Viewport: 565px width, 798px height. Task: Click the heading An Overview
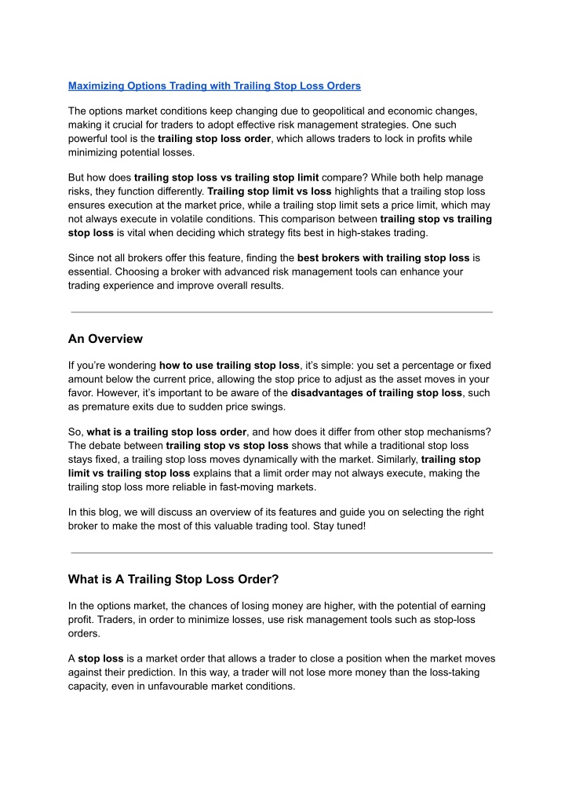pos(105,339)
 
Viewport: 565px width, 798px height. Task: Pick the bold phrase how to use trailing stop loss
pos(229,365)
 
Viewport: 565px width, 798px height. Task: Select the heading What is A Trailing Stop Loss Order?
pos(173,580)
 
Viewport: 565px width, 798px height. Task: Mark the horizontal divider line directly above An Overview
pos(282,312)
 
